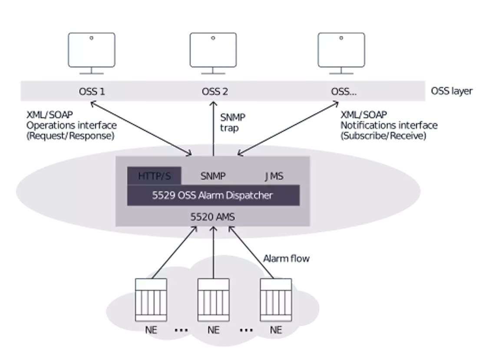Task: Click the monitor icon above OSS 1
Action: (x=92, y=53)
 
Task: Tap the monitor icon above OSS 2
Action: (x=213, y=53)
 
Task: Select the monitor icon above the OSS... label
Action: (x=341, y=53)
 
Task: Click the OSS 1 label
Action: (x=92, y=91)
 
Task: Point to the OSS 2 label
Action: (x=215, y=91)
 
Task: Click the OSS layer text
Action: (x=452, y=91)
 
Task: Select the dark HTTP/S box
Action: (x=154, y=176)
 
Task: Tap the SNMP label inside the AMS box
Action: (x=213, y=176)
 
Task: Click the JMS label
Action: (x=274, y=176)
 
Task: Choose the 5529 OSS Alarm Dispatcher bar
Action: (x=213, y=195)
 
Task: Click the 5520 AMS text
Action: (x=213, y=217)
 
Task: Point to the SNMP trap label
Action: (x=233, y=122)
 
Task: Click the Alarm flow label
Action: (x=286, y=258)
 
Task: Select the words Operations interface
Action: (x=71, y=126)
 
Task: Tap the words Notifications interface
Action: (x=389, y=126)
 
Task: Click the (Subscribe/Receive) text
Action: (x=383, y=136)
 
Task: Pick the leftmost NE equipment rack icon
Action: (x=151, y=300)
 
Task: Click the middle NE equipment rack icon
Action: (x=213, y=300)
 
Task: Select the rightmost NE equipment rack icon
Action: (x=276, y=300)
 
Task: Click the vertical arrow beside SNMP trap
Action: (x=213, y=129)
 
